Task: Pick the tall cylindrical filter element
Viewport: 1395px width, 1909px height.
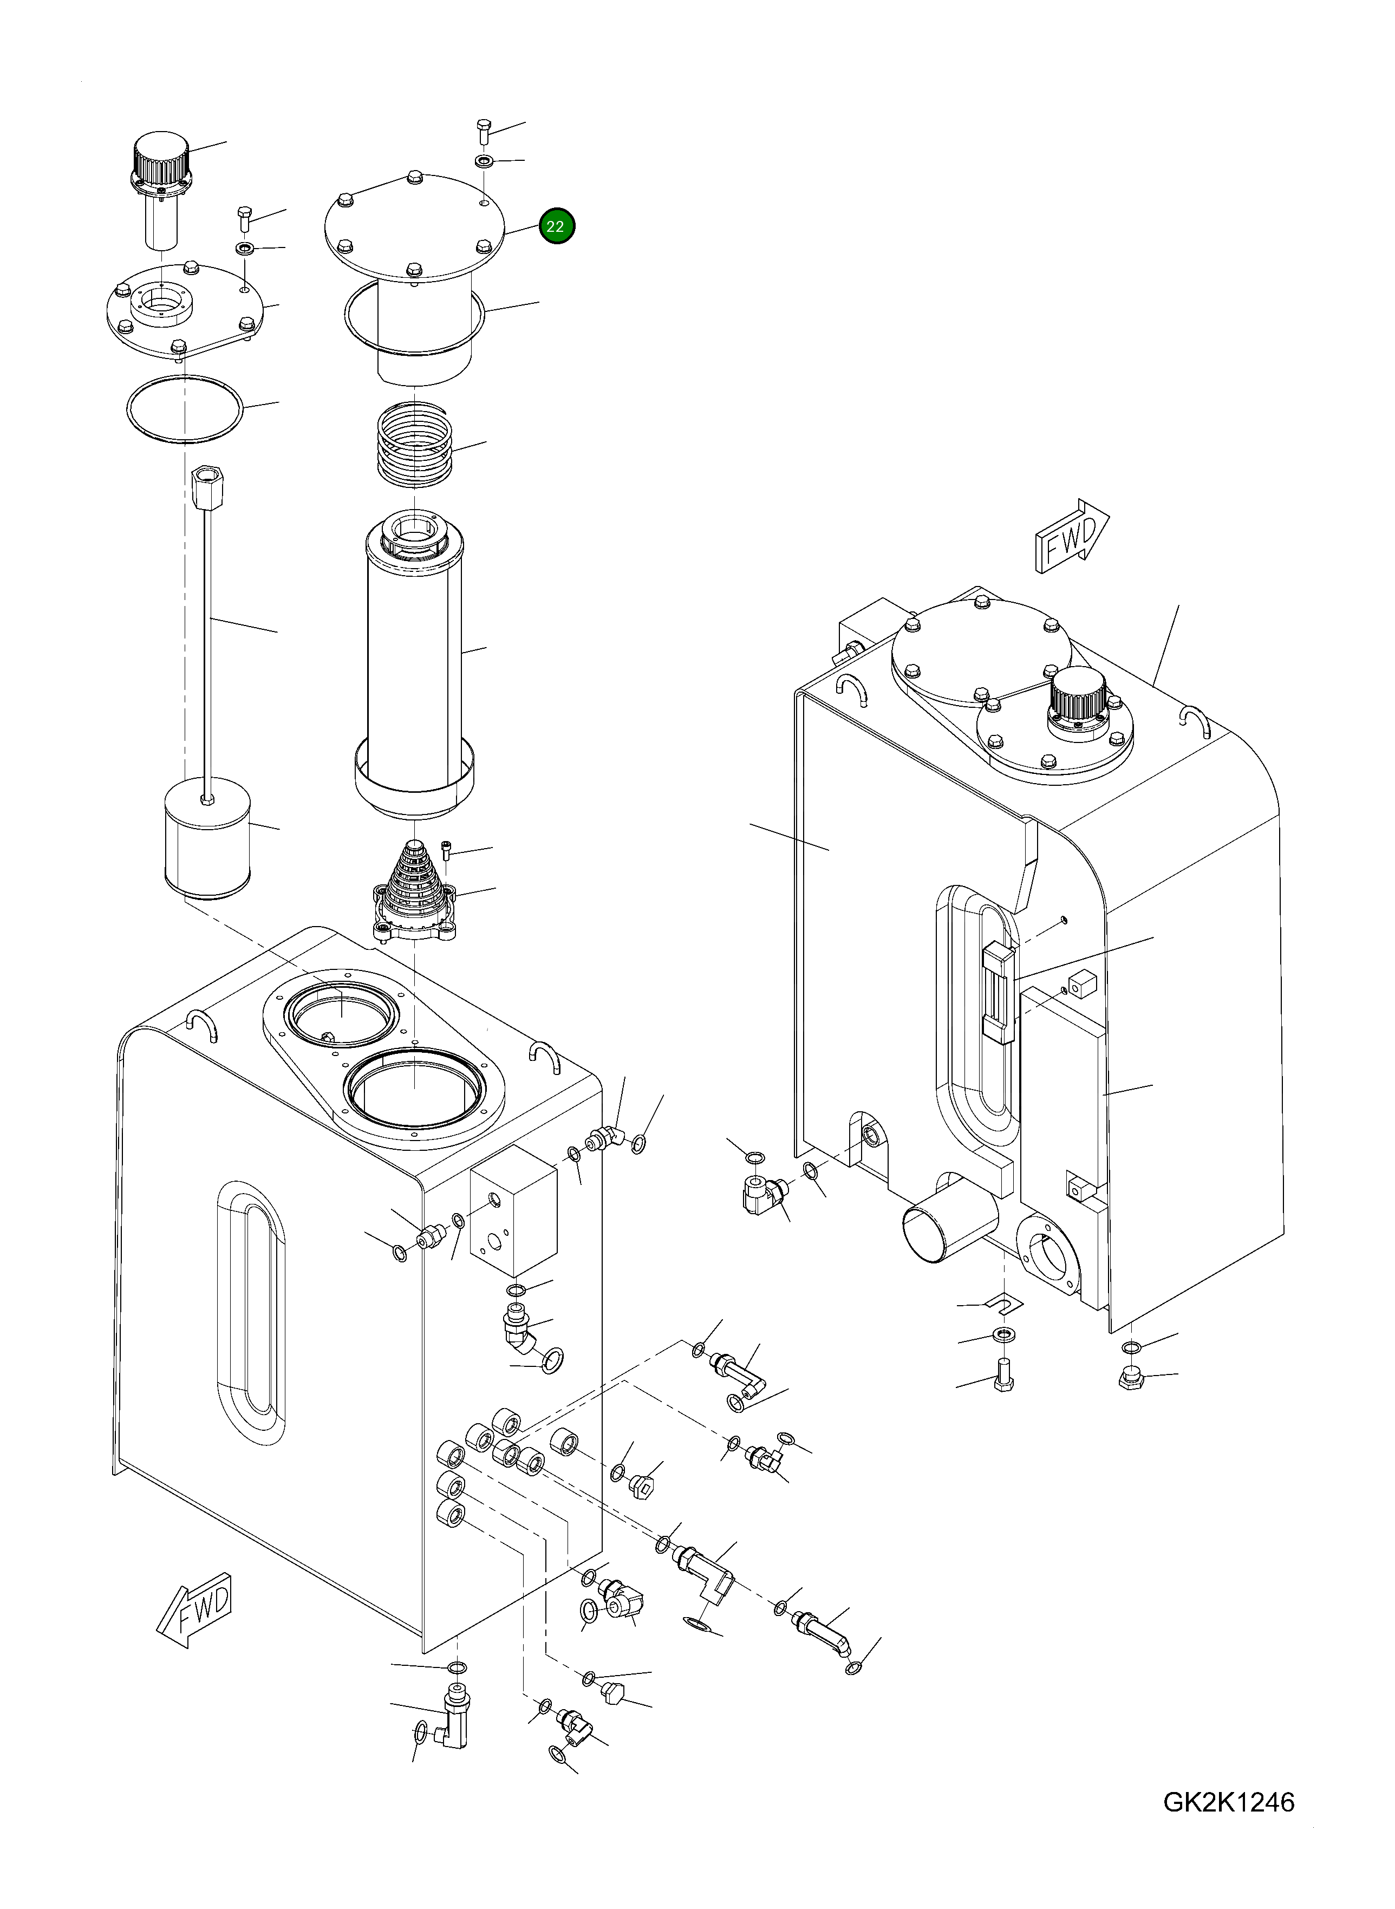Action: click(414, 659)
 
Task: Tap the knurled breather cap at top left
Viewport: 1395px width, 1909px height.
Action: click(160, 156)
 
